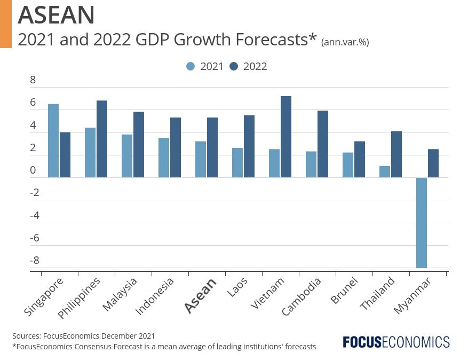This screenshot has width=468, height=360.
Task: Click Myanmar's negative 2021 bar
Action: click(x=422, y=222)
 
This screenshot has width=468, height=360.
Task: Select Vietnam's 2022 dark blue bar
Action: click(x=286, y=137)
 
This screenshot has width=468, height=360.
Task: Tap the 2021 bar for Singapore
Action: click(x=53, y=140)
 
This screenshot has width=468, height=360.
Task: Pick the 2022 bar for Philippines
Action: click(x=102, y=139)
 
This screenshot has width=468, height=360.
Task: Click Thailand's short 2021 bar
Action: click(x=385, y=171)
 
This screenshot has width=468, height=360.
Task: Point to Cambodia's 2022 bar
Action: click(x=323, y=144)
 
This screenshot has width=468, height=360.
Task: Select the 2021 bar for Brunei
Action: click(x=348, y=165)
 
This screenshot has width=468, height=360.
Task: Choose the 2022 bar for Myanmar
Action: click(x=433, y=163)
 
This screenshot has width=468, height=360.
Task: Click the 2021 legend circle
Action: click(x=191, y=66)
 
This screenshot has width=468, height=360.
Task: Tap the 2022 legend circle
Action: click(x=234, y=66)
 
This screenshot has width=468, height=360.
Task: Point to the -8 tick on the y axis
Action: click(x=35, y=261)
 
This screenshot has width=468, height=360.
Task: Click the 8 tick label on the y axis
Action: click(x=33, y=81)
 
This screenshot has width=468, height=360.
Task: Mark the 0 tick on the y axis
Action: click(x=33, y=171)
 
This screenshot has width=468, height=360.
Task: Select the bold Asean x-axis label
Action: click(x=200, y=295)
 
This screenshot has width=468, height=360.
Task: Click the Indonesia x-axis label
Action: click(x=155, y=296)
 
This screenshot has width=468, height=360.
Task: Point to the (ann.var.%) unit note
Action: click(x=345, y=42)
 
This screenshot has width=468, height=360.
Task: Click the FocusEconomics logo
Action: click(x=396, y=342)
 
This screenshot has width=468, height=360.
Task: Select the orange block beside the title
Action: click(x=6, y=24)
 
